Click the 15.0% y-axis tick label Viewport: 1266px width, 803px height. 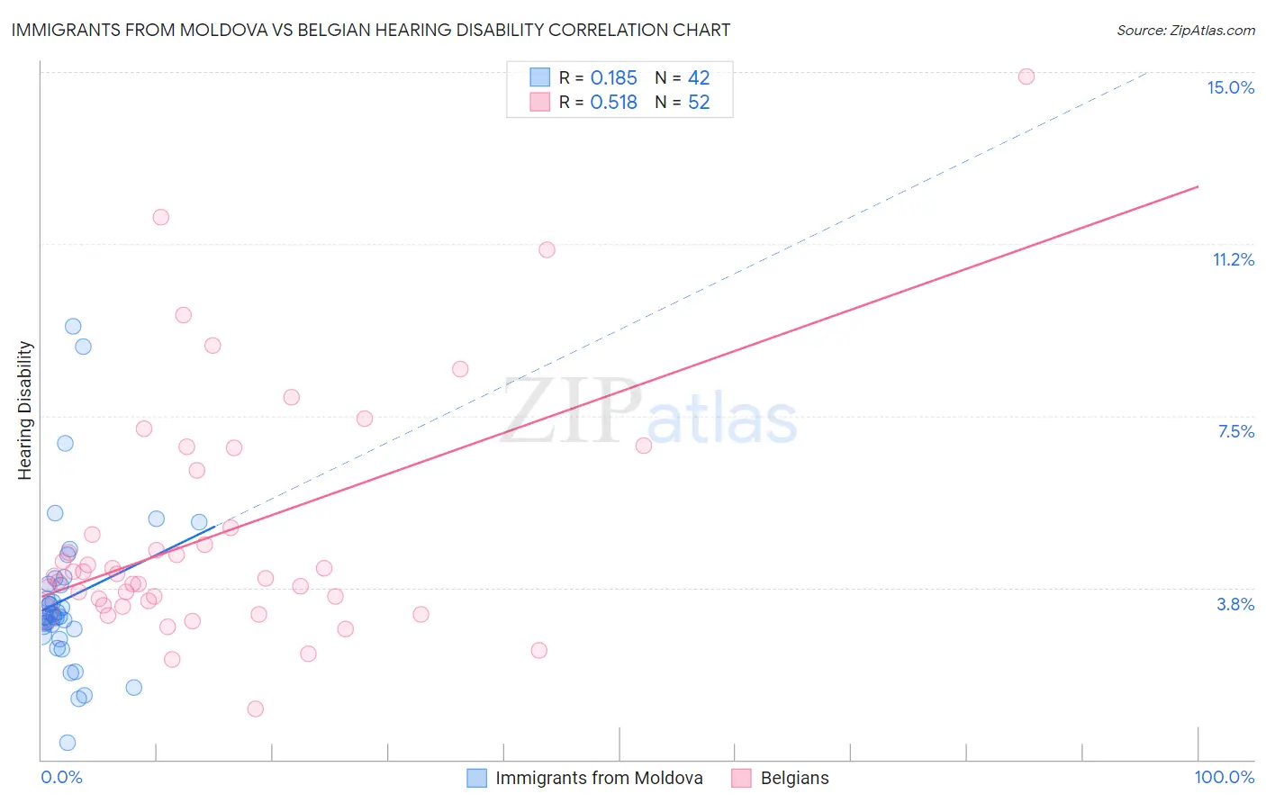pyautogui.click(x=1230, y=87)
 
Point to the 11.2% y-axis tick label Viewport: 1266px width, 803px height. pyautogui.click(x=1233, y=259)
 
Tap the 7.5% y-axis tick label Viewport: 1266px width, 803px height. pyautogui.click(x=1235, y=431)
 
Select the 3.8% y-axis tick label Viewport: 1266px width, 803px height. pyautogui.click(x=1235, y=604)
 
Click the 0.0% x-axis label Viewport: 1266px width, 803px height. pyautogui.click(x=61, y=777)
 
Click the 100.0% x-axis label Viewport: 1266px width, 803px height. pyautogui.click(x=1224, y=777)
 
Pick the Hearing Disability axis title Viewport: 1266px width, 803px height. pyautogui.click(x=25, y=410)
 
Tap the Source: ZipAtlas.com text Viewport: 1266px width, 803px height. pyautogui.click(x=1185, y=30)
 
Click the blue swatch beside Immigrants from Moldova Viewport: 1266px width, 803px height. pyautogui.click(x=476, y=778)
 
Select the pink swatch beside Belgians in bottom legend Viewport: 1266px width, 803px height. pyautogui.click(x=741, y=778)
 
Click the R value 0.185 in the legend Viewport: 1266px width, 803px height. pyautogui.click(x=613, y=78)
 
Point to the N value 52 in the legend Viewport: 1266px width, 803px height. pyautogui.click(x=699, y=103)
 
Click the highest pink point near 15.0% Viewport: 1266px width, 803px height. pyautogui.click(x=1026, y=77)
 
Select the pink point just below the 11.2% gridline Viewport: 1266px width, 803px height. pyautogui.click(x=547, y=250)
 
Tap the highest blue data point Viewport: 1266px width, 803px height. pyautogui.click(x=73, y=327)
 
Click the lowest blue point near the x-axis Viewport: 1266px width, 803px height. pyautogui.click(x=68, y=743)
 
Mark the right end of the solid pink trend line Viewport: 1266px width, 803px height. pyautogui.click(x=1198, y=186)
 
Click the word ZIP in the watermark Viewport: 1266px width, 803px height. pyautogui.click(x=571, y=411)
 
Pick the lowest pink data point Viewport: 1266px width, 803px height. pyautogui.click(x=256, y=709)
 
